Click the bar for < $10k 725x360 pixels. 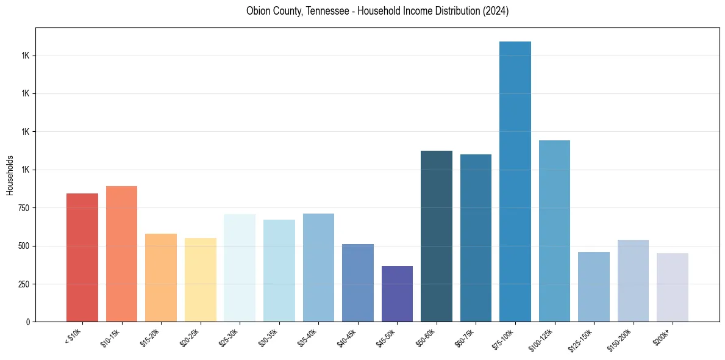(x=82, y=257)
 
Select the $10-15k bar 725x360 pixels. (x=121, y=254)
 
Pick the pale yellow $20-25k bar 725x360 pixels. (x=200, y=279)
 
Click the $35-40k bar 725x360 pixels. (x=318, y=267)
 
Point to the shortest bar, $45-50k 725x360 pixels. (x=397, y=293)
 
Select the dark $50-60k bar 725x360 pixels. (x=437, y=236)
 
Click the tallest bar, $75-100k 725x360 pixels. (x=515, y=181)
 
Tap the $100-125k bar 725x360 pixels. (x=554, y=231)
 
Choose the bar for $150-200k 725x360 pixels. (x=633, y=281)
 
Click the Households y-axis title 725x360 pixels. (x=10, y=175)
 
